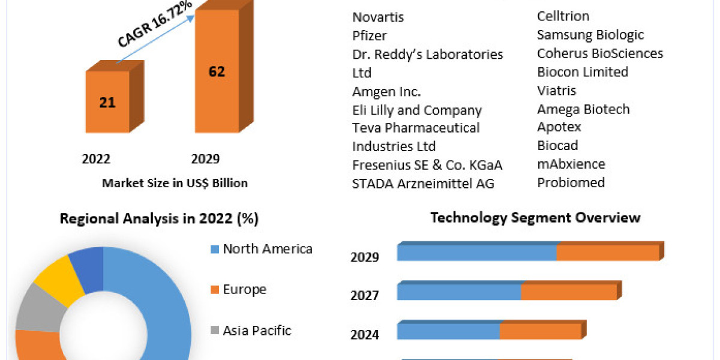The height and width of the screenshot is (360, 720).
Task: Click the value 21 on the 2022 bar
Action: (107, 103)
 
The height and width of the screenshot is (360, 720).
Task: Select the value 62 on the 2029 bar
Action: (217, 71)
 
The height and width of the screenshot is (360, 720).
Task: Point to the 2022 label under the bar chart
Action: (96, 159)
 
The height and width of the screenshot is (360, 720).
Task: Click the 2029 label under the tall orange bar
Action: (205, 159)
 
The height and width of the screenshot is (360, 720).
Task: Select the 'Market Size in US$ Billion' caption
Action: (175, 183)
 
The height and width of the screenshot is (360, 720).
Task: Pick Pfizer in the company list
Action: (370, 35)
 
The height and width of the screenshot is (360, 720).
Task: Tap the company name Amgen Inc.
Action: (386, 91)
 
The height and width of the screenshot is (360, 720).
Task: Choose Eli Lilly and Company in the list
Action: (417, 110)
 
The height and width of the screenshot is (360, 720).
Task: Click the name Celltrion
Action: (563, 16)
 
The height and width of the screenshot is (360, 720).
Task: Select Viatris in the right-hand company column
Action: (557, 91)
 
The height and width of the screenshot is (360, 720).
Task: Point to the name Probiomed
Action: (571, 182)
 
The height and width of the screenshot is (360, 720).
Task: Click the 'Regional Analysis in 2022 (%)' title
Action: (159, 219)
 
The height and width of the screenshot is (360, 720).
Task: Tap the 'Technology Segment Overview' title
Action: (535, 217)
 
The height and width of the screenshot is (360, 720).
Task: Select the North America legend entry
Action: (267, 249)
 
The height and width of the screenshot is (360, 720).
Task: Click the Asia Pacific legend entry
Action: (257, 330)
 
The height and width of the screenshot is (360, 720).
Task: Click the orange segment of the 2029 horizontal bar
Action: (607, 253)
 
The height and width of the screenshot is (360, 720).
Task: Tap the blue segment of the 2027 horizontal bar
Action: (459, 292)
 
